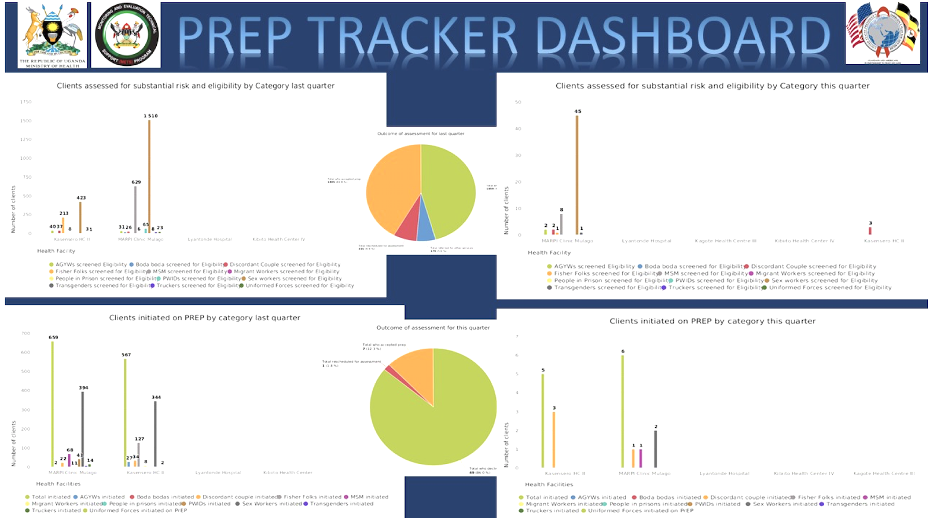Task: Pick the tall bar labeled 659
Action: tap(52, 404)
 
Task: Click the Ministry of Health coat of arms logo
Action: tap(53, 35)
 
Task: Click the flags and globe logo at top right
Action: tap(882, 33)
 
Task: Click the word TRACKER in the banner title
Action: tap(413, 37)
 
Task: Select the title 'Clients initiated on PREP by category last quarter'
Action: tap(204, 318)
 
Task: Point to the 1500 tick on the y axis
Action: tap(26, 121)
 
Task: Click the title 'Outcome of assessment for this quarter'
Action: tap(433, 327)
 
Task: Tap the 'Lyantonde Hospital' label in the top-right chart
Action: tap(647, 241)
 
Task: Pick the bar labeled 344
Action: tap(156, 434)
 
